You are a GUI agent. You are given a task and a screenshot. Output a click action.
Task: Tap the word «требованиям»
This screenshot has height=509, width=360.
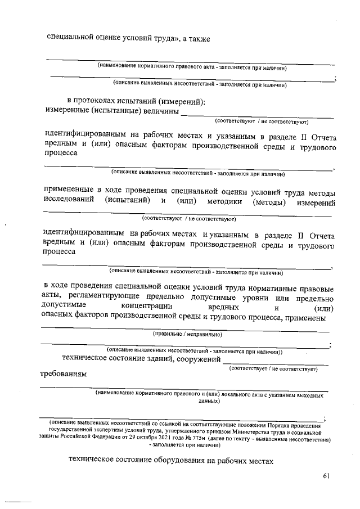(63, 375)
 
